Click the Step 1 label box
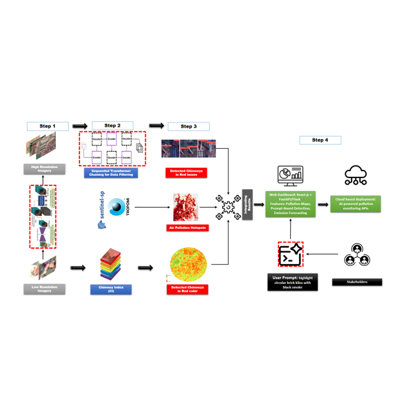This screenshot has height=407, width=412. tap(47, 126)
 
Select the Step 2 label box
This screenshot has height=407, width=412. tap(112, 126)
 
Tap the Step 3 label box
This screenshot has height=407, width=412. tap(189, 126)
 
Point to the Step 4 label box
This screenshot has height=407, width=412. tap(320, 140)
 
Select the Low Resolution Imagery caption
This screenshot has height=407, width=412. tap(44, 289)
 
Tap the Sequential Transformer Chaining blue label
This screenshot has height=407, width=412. tap(110, 172)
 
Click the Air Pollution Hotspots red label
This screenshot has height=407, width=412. tap(187, 228)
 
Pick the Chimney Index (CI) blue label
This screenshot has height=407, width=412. tap(111, 289)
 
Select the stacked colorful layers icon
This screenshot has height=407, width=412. tap(111, 263)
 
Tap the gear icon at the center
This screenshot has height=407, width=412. tap(228, 207)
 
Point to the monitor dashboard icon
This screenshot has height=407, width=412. tap(289, 175)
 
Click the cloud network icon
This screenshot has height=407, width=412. tap(356, 174)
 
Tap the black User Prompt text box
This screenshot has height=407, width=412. tap(293, 282)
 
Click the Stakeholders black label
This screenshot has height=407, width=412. tap(357, 281)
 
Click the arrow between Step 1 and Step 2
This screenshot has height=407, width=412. tap(80, 126)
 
